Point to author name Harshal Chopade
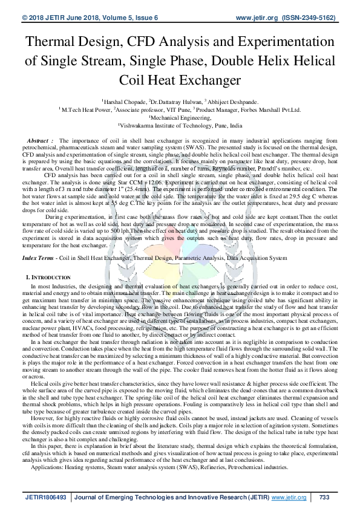tap(125, 103)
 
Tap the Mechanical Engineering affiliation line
tap(180, 118)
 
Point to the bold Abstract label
tap(42, 140)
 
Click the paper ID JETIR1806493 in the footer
tap(45, 497)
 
